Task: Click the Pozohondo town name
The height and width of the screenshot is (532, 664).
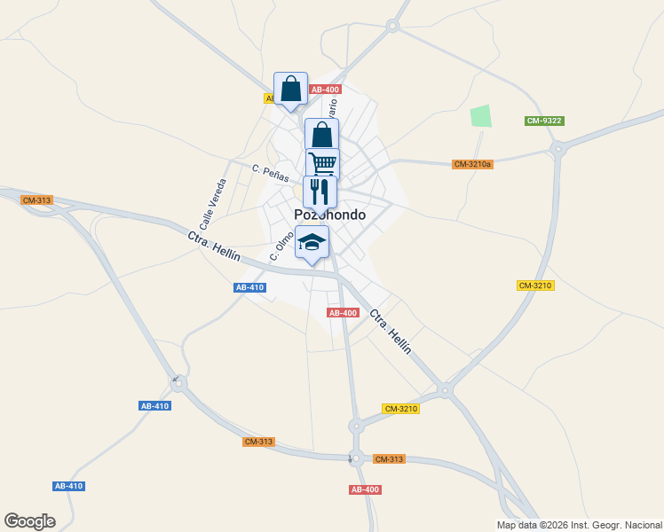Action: click(329, 215)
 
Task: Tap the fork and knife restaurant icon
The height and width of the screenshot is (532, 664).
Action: click(320, 192)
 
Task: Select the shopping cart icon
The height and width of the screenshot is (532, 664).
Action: click(323, 163)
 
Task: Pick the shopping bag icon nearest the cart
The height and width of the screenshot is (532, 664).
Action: click(321, 135)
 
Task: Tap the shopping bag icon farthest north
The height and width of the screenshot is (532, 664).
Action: click(290, 89)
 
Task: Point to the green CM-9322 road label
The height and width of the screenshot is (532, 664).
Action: click(544, 121)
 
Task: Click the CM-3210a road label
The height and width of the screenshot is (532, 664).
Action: click(472, 164)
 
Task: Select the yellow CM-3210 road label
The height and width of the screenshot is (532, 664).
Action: click(535, 286)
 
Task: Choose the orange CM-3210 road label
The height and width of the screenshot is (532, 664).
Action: click(401, 409)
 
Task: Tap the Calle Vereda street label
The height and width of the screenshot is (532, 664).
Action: click(213, 202)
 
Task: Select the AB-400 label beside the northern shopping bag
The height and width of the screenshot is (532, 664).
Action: click(325, 90)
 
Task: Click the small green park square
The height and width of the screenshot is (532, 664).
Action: click(480, 116)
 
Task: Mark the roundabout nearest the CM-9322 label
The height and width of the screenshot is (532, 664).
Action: click(558, 149)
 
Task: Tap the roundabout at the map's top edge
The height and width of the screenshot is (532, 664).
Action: click(391, 27)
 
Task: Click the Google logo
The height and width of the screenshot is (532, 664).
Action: click(29, 521)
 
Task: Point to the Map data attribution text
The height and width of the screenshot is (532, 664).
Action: click(580, 525)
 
